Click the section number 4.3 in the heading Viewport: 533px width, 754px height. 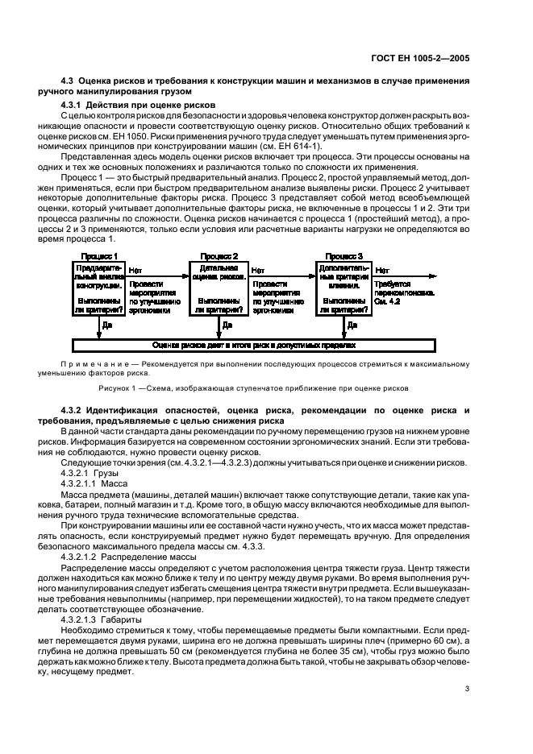(x=68, y=83)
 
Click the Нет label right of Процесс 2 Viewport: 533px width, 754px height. (x=257, y=271)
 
